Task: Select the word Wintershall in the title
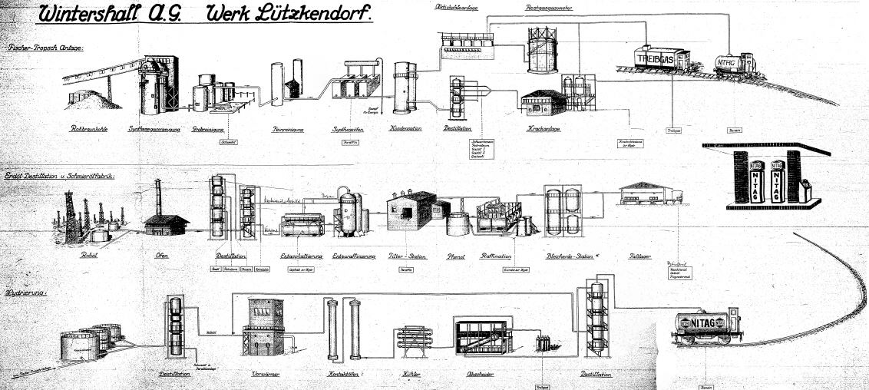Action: point(88,15)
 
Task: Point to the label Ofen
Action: point(162,256)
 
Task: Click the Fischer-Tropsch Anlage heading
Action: point(45,48)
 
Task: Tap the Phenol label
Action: point(460,256)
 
